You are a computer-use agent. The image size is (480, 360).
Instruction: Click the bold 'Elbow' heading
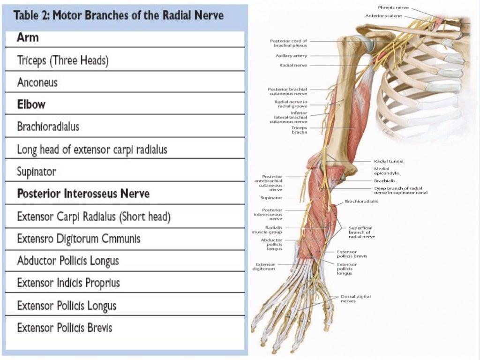tap(31, 104)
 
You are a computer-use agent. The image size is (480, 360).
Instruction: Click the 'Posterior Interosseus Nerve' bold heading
tap(83, 194)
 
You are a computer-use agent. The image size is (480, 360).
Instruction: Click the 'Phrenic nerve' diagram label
tap(393, 7)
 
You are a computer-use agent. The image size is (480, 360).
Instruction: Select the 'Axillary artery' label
tap(291, 56)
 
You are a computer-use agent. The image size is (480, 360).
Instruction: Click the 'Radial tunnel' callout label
tap(389, 161)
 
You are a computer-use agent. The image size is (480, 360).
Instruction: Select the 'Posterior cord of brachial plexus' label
tap(289, 43)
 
